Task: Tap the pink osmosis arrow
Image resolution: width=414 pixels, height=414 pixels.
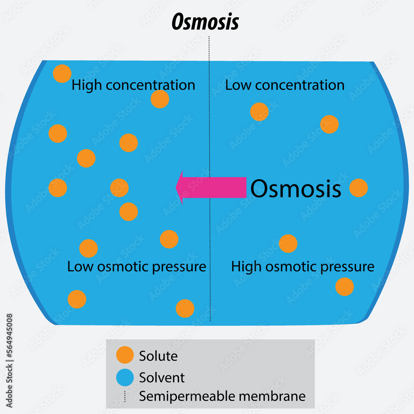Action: coord(211,187)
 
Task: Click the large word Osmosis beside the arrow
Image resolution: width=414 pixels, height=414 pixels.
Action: coord(296,189)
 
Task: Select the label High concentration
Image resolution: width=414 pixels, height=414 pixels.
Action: coord(133,85)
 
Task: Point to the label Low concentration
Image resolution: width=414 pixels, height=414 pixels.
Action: coord(285,85)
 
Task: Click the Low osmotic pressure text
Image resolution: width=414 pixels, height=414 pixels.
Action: coord(136,267)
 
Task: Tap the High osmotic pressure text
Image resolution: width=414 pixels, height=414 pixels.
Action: coord(303,267)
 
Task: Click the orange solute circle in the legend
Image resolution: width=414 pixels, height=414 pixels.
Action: coord(125,355)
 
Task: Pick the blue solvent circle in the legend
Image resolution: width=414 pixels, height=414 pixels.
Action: coord(125,377)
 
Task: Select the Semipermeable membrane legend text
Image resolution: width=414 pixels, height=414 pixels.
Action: coord(222,396)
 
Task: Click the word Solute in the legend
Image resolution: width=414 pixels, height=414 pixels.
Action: coord(158,356)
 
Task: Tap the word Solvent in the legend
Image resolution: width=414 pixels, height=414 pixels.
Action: coord(162,378)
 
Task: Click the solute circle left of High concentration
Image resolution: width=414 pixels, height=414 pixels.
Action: coord(62,74)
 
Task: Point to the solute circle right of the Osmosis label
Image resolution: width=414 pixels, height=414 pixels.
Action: coord(358,188)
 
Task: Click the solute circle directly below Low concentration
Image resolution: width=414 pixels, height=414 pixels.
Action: coord(259,112)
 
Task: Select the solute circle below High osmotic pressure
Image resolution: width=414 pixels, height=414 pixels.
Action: coord(344,286)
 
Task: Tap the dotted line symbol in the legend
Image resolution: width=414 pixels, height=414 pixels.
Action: coord(125,397)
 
